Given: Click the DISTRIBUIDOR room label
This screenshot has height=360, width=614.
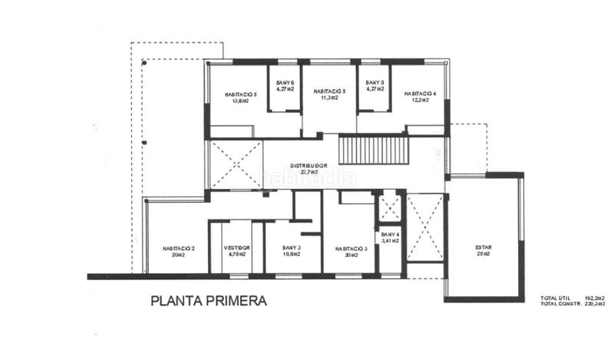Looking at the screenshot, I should pos(309,165).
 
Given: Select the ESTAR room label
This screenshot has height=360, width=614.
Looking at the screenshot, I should pos(484,247).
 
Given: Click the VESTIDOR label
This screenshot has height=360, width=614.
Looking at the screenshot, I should pos(236,248).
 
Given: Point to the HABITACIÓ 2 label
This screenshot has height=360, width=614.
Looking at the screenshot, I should pos(178,248).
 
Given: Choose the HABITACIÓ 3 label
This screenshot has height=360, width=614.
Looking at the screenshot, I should pos(352,248).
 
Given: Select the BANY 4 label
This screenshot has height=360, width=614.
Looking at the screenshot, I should pos(390,234).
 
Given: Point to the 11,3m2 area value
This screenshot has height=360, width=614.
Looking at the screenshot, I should pos(329,98).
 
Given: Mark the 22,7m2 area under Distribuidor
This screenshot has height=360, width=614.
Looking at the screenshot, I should pos(309,172).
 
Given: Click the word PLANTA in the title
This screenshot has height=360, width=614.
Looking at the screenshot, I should pos(177,302).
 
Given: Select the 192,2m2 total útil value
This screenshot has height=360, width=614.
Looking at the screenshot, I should pos(595,297).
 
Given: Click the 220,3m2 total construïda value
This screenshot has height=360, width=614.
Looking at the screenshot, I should pos(595,303).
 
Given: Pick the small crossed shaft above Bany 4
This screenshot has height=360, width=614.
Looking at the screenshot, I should pos(389,207).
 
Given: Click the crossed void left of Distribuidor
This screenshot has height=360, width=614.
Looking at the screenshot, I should pos(236,164).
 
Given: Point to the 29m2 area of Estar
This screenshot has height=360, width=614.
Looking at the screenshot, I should pos(484,254).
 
